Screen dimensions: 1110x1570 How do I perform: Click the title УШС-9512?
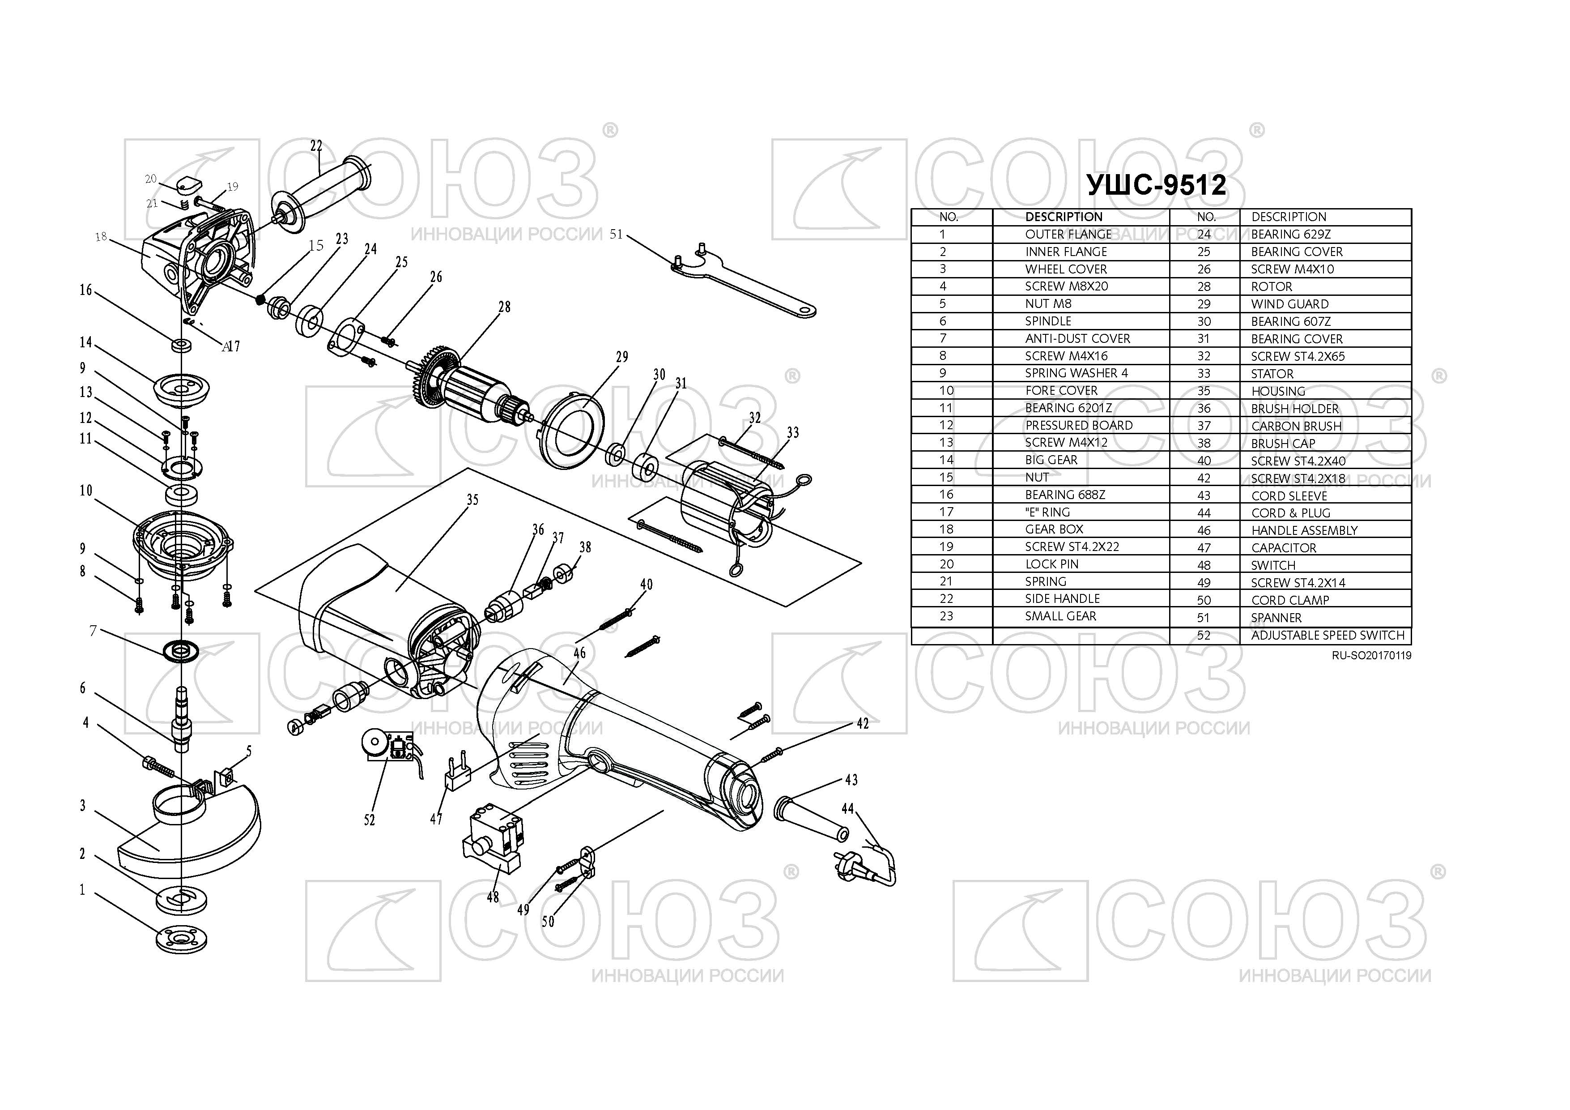coord(1156,185)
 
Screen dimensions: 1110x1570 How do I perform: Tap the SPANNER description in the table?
coord(1276,618)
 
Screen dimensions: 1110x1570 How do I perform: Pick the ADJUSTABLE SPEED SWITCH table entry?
coord(1327,636)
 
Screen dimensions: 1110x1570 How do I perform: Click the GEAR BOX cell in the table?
coord(1054,529)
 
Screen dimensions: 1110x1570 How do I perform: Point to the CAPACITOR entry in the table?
coord(1284,548)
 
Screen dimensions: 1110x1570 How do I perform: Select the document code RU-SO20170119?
coord(1371,655)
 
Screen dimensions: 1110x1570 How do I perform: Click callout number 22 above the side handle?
coord(316,145)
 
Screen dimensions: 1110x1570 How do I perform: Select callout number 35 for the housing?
coord(472,500)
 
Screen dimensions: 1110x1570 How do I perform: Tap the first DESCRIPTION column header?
coord(1064,217)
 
